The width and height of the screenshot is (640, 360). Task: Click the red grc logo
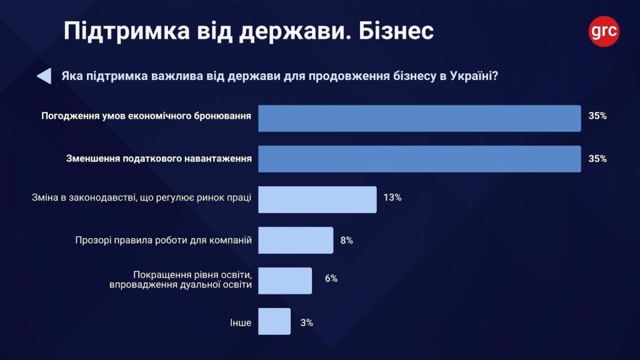point(604,31)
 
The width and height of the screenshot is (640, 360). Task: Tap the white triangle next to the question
point(44,76)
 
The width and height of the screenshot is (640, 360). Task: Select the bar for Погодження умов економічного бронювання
point(419,118)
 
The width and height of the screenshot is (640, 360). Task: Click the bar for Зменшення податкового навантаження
point(419,159)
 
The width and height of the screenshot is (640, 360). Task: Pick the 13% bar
point(317,199)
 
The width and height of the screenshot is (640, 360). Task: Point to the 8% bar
point(296,240)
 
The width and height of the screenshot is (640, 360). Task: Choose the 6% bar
point(285,280)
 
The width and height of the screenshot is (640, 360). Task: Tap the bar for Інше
point(274,322)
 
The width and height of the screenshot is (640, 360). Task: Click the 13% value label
point(392,197)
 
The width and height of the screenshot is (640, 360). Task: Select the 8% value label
point(346,240)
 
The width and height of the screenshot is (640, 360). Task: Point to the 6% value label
point(331,279)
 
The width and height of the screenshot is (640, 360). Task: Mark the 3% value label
point(306,322)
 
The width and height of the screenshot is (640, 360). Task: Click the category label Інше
point(241,323)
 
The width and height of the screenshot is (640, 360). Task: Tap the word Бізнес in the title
point(396,31)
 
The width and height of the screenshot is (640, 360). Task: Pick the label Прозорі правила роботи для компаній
point(163,239)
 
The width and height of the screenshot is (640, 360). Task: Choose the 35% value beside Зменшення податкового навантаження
point(597,159)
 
